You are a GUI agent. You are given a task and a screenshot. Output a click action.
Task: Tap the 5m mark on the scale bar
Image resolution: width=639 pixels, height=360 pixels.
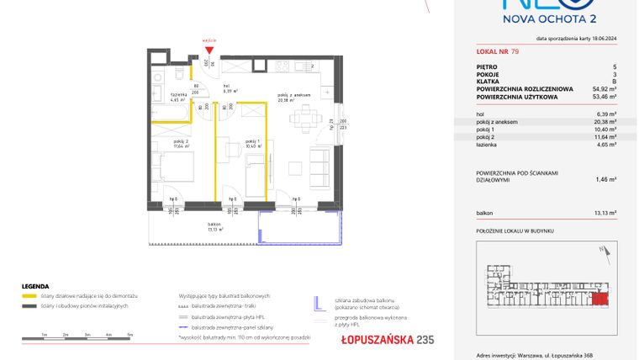129,335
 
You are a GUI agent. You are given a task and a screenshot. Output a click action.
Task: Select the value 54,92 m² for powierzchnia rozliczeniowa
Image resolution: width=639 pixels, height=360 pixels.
601,87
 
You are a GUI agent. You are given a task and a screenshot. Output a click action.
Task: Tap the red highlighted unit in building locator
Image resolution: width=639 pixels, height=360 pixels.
600,299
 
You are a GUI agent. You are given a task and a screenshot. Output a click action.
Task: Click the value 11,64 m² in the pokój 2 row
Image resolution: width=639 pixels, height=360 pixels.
604,136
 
